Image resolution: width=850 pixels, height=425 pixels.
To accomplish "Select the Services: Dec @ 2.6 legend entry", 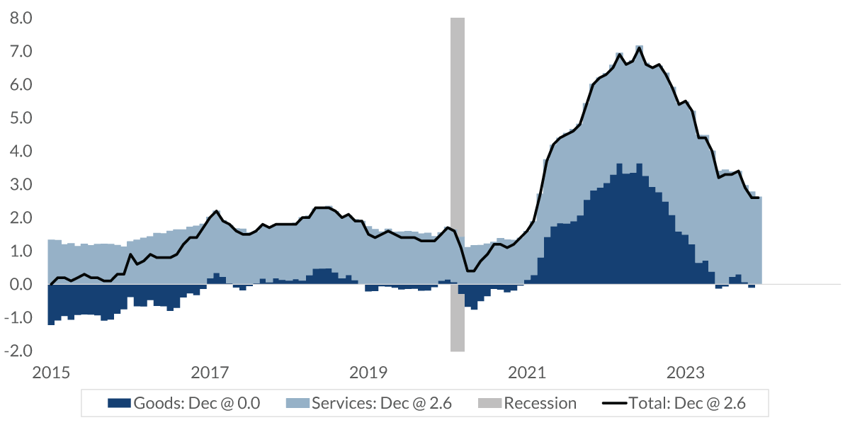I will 368,404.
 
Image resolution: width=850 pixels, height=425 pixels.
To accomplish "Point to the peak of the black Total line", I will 640,48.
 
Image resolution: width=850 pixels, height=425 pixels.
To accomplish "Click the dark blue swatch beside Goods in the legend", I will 119,404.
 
